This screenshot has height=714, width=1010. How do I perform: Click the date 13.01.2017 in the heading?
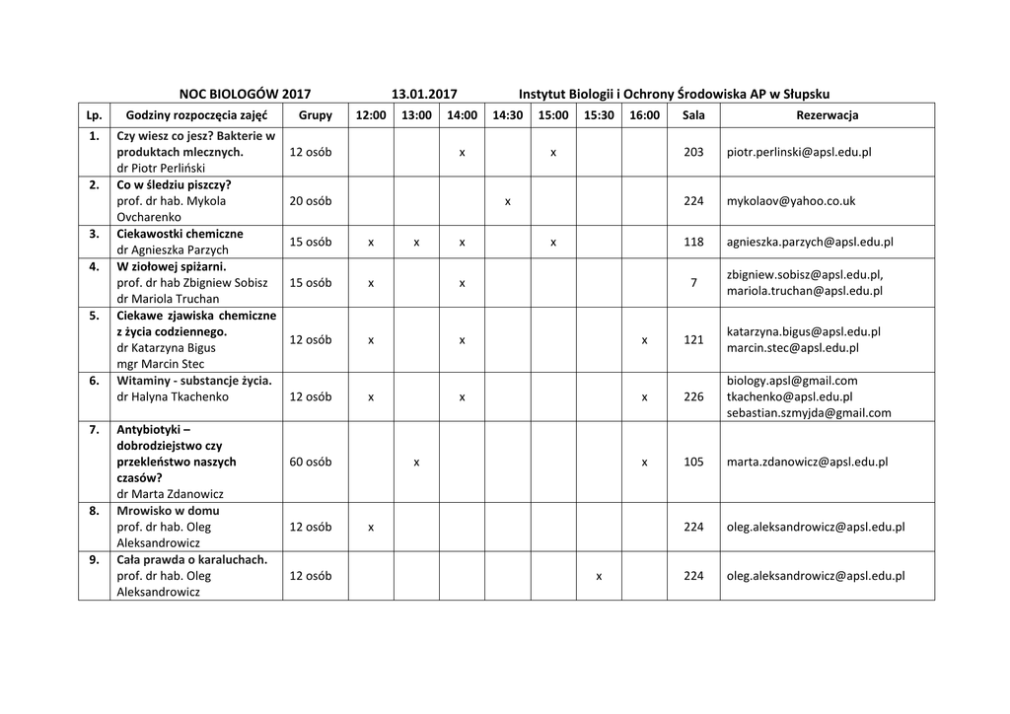424,94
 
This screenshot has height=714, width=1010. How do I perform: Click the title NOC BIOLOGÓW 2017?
245,94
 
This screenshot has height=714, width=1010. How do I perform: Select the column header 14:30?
507,115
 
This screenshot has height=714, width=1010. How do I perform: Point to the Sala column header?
693,115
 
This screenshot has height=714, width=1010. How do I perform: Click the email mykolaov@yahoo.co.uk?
791,201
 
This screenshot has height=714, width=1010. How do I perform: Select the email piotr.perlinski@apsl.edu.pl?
799,153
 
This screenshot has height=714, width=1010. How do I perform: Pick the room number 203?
693,153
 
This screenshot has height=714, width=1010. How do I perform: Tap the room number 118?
693,242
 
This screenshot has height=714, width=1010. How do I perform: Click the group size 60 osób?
311,462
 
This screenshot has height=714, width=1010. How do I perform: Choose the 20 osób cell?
311,201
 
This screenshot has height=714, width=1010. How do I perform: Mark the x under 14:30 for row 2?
507,202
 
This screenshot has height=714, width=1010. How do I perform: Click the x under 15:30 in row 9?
599,577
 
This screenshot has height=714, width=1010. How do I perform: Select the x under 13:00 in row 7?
416,463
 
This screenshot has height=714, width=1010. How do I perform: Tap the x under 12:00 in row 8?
371,528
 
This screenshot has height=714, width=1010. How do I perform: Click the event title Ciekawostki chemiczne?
180,234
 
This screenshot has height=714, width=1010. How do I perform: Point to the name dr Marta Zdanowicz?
170,493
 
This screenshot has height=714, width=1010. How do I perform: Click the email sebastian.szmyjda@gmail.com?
809,413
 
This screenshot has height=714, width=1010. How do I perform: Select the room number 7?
693,283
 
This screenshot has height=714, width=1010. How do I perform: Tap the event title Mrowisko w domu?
168,511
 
